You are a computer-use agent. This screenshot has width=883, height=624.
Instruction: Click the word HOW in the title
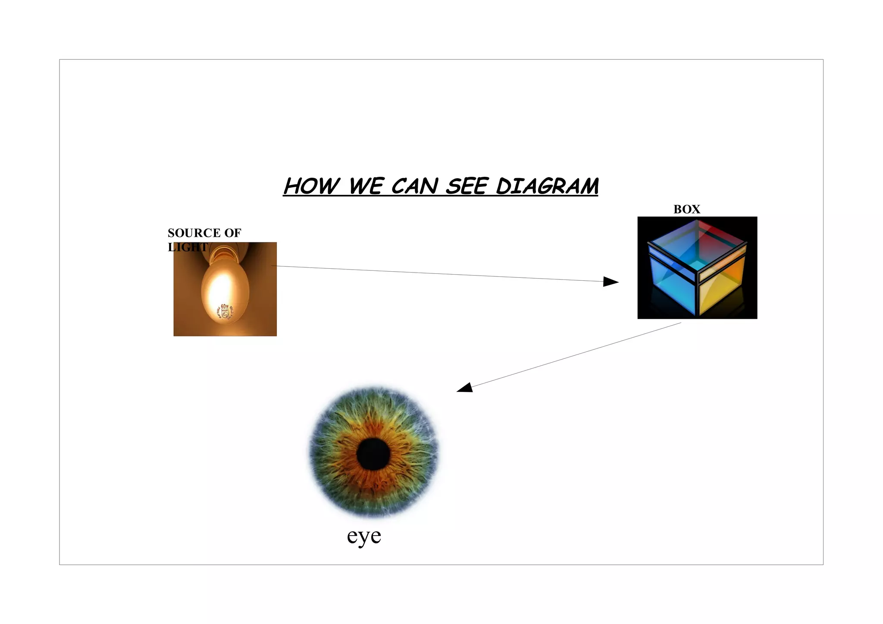pos(311,187)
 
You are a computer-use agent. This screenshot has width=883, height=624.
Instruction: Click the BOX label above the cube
pos(686,210)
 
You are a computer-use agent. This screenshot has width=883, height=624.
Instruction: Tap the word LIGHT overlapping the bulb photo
pos(188,247)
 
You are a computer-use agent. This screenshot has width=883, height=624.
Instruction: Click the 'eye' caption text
pos(364,536)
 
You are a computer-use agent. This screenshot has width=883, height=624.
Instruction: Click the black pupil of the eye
pos(373,454)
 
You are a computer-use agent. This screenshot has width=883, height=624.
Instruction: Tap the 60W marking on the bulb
pos(225,307)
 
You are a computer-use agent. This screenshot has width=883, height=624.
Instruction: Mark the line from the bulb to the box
pos(431,273)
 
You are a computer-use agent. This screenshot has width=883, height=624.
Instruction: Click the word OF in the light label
pos(232,233)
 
